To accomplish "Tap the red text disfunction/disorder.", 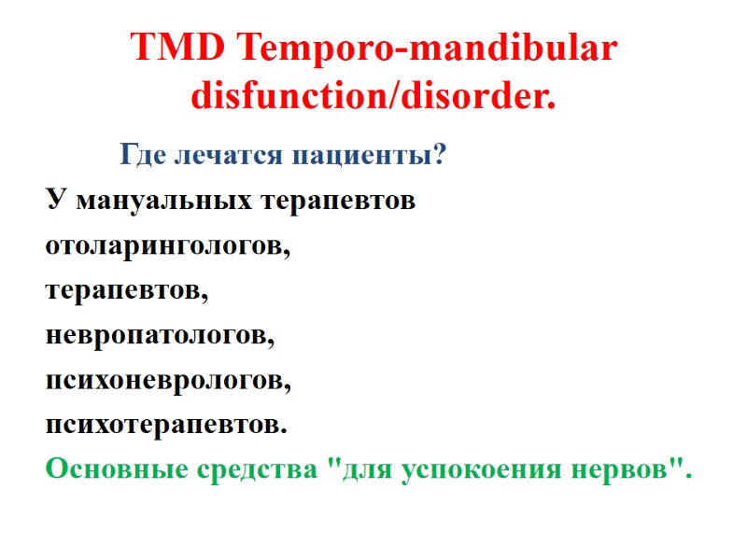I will tap(373, 95).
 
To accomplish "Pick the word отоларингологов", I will tap(167, 246).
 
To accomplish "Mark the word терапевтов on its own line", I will tap(127, 291).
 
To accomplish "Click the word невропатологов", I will tap(160, 336).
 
